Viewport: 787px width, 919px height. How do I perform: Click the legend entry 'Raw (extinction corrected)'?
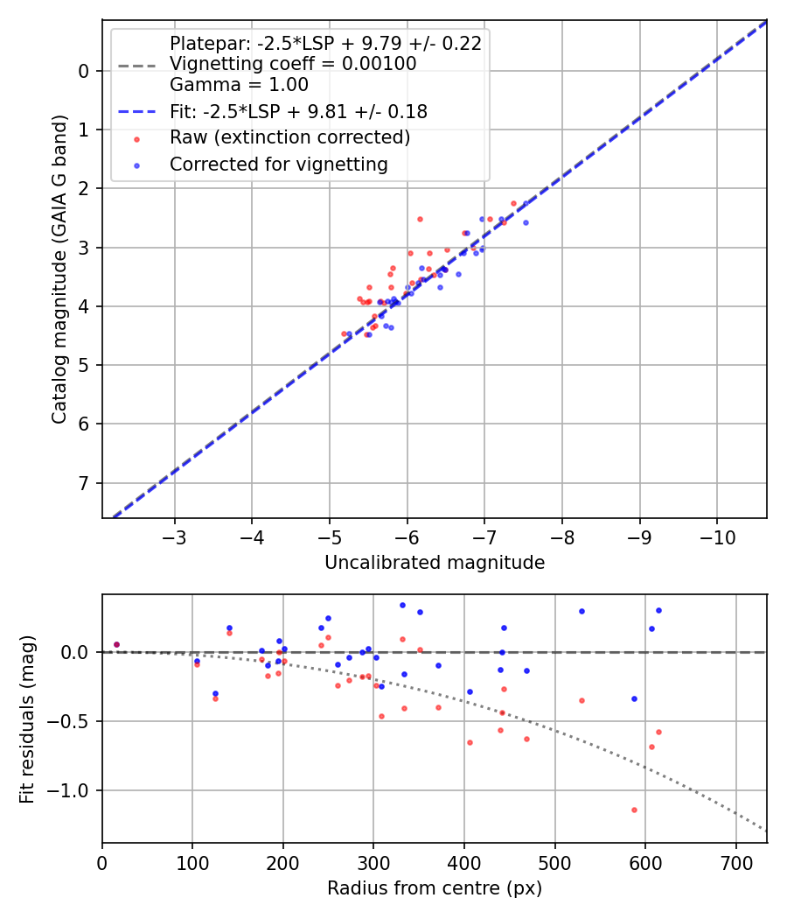[289, 137]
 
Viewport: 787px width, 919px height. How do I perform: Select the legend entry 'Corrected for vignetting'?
[279, 164]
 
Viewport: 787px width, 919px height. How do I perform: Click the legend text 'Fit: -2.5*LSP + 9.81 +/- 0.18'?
[298, 111]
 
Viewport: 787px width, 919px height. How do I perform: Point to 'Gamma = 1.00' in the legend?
[239, 85]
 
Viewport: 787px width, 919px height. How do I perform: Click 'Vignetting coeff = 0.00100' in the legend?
[293, 64]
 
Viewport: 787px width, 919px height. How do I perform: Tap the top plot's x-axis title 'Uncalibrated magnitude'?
[435, 563]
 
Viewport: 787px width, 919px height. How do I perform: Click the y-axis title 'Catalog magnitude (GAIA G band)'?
[59, 287]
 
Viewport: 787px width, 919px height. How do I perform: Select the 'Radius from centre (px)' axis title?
[435, 888]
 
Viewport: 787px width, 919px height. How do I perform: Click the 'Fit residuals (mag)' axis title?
[27, 718]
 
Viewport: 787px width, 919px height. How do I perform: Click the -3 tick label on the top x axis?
[175, 536]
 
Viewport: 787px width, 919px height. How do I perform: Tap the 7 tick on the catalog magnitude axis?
[85, 483]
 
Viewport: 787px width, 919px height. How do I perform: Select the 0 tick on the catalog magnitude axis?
[85, 71]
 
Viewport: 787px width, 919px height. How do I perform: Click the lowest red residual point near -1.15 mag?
[634, 810]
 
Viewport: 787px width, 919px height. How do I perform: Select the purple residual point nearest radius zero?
[116, 644]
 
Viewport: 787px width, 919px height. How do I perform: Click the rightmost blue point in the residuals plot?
[658, 610]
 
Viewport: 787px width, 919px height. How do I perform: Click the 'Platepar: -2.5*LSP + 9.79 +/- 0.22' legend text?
[325, 44]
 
